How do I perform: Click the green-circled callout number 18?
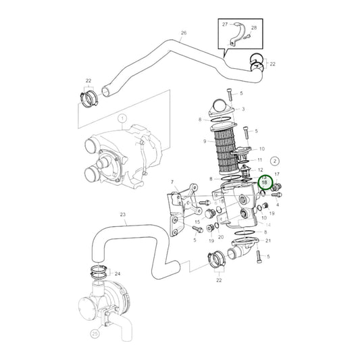[265, 183]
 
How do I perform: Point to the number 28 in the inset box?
[254, 28]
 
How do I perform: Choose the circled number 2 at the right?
[274, 161]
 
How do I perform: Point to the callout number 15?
[197, 222]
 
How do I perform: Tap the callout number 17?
[276, 174]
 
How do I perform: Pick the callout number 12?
[261, 170]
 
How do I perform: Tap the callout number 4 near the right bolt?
[278, 205]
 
